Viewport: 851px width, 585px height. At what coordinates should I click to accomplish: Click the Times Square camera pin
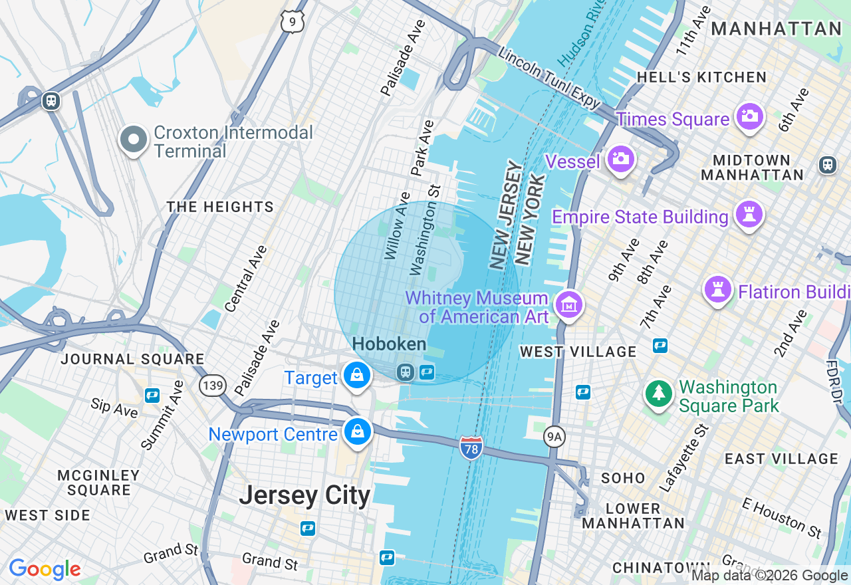pyautogui.click(x=749, y=117)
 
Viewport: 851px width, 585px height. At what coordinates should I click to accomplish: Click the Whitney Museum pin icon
pyautogui.click(x=568, y=305)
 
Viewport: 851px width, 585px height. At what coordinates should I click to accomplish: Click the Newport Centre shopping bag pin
pyautogui.click(x=358, y=432)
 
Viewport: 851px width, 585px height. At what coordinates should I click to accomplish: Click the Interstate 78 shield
pyautogui.click(x=470, y=447)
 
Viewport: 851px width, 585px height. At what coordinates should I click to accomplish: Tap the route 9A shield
pyautogui.click(x=554, y=437)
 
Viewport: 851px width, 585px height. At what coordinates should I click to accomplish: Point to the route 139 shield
pyautogui.click(x=213, y=385)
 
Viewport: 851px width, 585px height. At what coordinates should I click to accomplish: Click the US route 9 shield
pyautogui.click(x=293, y=22)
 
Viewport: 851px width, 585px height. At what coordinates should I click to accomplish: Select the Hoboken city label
pyautogui.click(x=389, y=344)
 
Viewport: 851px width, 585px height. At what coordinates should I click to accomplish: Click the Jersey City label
pyautogui.click(x=304, y=495)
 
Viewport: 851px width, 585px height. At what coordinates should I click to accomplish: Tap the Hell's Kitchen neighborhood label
pyautogui.click(x=701, y=77)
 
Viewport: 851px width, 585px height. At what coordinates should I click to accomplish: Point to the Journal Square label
pyautogui.click(x=132, y=359)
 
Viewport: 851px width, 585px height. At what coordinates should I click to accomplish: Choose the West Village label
pyautogui.click(x=578, y=351)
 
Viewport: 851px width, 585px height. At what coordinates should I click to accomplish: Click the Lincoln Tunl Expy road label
pyautogui.click(x=549, y=78)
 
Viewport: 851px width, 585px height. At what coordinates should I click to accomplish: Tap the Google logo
pyautogui.click(x=45, y=569)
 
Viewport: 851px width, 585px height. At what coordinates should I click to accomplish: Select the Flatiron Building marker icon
pyautogui.click(x=717, y=290)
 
